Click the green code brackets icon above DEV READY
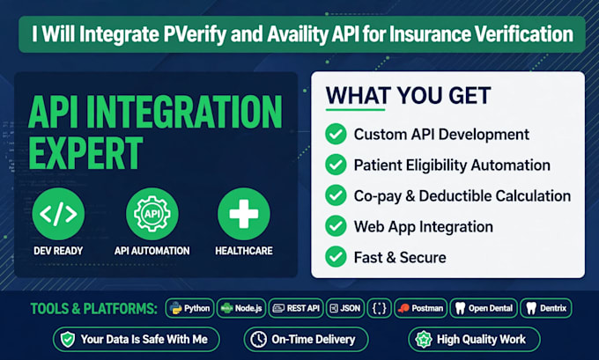[58, 214]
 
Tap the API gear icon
[152, 214]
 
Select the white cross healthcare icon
[244, 214]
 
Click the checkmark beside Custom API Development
[336, 134]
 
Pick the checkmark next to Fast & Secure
[336, 257]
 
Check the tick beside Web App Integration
[336, 226]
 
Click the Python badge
[190, 308]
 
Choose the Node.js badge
[241, 308]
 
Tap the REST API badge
[296, 308]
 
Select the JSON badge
[345, 308]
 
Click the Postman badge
[420, 308]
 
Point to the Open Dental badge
[484, 308]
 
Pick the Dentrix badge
[546, 308]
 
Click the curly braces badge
[379, 308]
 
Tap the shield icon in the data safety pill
[68, 340]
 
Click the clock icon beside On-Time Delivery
[259, 340]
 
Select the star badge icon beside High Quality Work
[424, 340]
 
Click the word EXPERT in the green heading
[85, 153]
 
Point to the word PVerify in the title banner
[195, 34]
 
